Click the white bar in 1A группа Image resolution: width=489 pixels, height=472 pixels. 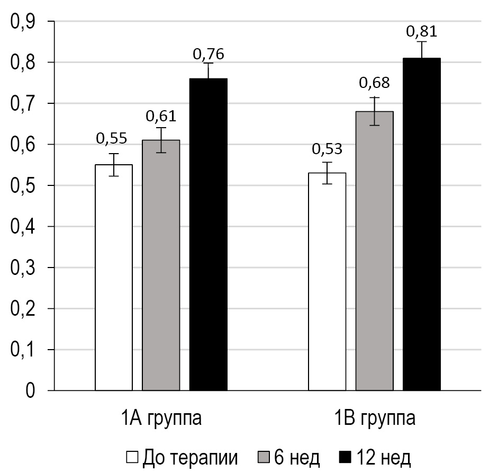(114, 278)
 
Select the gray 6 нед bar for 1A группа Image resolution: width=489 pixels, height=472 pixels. (161, 265)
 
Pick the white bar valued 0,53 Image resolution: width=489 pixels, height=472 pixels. (327, 282)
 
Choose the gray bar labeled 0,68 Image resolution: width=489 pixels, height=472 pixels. (374, 251)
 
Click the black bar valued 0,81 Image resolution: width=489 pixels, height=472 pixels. (421, 225)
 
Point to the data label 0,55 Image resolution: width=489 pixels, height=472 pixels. (111, 138)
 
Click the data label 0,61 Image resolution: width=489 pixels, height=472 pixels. (161, 116)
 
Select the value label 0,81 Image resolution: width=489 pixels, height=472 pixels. (421, 31)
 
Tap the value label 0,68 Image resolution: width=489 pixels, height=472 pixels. (374, 83)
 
